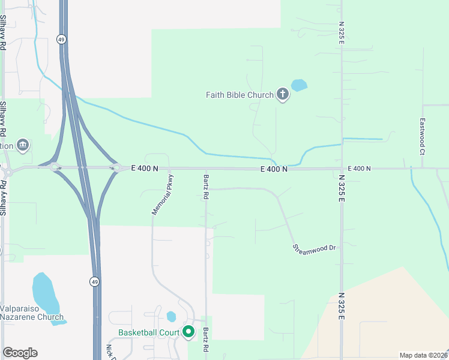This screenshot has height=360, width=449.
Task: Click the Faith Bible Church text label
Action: pyautogui.click(x=240, y=95)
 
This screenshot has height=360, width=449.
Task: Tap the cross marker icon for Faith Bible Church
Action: pyautogui.click(x=283, y=95)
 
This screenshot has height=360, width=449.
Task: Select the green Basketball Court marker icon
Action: pyautogui.click(x=188, y=332)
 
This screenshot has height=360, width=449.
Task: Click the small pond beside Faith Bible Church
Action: pyautogui.click(x=298, y=85)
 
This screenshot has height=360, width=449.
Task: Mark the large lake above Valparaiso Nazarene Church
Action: pyautogui.click(x=44, y=295)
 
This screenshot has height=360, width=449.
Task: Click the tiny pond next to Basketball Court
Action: pyautogui.click(x=172, y=316)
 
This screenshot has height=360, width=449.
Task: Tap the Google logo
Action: pyautogui.click(x=20, y=353)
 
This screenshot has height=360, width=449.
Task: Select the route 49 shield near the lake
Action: pyautogui.click(x=95, y=281)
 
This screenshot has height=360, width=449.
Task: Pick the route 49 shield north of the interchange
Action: pyautogui.click(x=61, y=39)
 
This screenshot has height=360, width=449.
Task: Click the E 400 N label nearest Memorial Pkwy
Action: pyautogui.click(x=145, y=169)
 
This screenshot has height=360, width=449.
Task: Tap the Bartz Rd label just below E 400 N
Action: pyautogui.click(x=206, y=187)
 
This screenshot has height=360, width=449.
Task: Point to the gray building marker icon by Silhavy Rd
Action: pyautogui.click(x=23, y=145)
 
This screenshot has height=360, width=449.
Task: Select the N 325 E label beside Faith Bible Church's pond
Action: pyautogui.click(x=341, y=31)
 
